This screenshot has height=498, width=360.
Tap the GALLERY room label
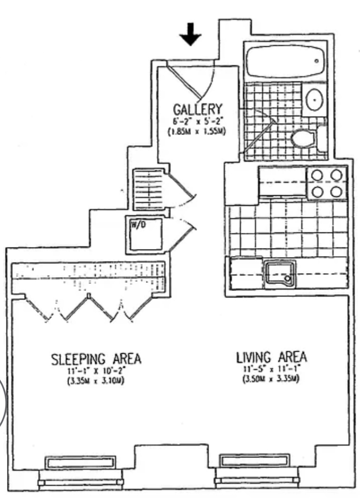tap(198, 110)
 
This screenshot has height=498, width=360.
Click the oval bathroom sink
tap(315, 99)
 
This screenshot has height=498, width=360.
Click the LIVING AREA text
tap(271, 357)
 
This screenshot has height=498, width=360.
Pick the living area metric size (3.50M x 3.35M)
tap(271, 379)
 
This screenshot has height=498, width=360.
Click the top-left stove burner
tap(317, 175)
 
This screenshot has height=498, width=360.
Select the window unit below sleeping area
tap(80, 462)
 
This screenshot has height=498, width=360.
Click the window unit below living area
tap(255, 460)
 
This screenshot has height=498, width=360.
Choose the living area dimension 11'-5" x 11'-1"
tap(271, 369)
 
